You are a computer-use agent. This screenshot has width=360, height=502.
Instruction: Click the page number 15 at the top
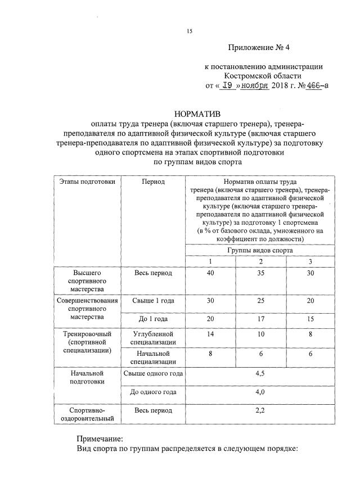(190, 31)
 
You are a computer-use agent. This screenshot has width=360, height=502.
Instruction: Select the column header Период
(153, 182)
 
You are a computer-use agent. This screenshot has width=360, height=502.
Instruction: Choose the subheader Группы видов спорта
(260, 250)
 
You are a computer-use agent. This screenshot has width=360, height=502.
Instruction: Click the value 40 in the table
(210, 273)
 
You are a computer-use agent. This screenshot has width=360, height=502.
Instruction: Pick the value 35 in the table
(260, 273)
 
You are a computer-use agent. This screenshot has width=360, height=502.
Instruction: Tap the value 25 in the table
(260, 301)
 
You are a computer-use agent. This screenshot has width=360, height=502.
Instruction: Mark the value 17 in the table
(260, 319)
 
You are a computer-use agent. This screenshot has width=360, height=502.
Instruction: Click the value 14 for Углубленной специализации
(210, 333)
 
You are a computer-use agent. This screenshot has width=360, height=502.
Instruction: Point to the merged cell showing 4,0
(260, 392)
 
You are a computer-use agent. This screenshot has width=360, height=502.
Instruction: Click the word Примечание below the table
(99, 438)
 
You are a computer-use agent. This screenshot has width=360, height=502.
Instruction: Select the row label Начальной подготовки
(87, 377)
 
